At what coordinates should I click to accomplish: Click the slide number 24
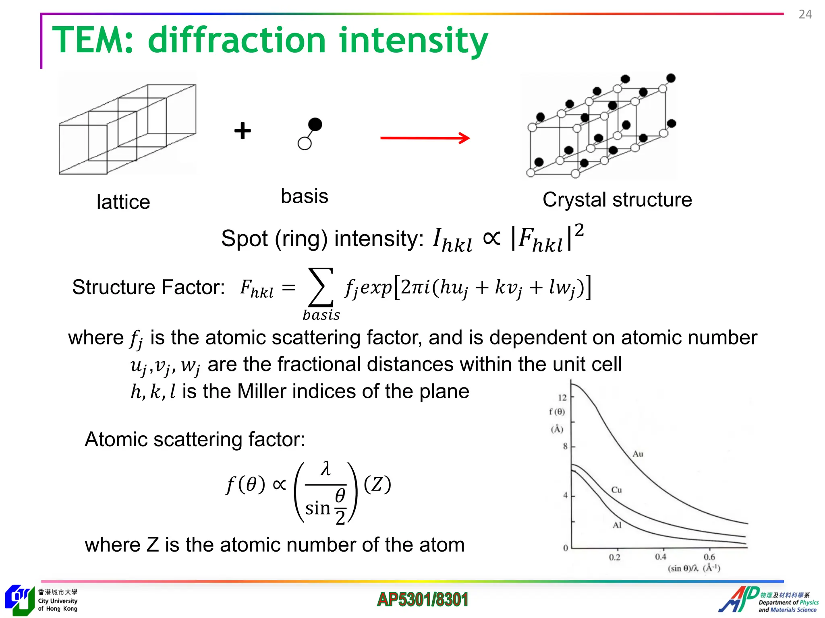pyautogui.click(x=805, y=14)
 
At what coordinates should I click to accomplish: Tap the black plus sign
pyautogui.click(x=243, y=131)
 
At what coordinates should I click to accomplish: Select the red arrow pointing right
pyautogui.click(x=425, y=138)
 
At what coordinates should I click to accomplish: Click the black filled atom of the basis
pyautogui.click(x=315, y=124)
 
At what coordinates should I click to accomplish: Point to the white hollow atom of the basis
pyautogui.click(x=305, y=143)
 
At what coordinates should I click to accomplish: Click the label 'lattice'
pyautogui.click(x=123, y=202)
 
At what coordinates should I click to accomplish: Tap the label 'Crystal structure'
pyautogui.click(x=617, y=200)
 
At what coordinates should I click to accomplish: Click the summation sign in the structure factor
pyautogui.click(x=321, y=287)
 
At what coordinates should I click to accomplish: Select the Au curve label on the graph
pyautogui.click(x=638, y=454)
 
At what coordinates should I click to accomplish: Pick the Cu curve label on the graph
pyautogui.click(x=616, y=490)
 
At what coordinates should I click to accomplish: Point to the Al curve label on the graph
pyautogui.click(x=617, y=525)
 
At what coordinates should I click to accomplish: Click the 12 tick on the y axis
pyautogui.click(x=562, y=398)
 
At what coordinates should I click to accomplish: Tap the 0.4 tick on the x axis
pyautogui.click(x=660, y=557)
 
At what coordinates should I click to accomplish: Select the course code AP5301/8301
pyautogui.click(x=423, y=599)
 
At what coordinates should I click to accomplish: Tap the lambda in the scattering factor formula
pyautogui.click(x=325, y=469)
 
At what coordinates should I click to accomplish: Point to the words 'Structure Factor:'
pyautogui.click(x=148, y=287)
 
